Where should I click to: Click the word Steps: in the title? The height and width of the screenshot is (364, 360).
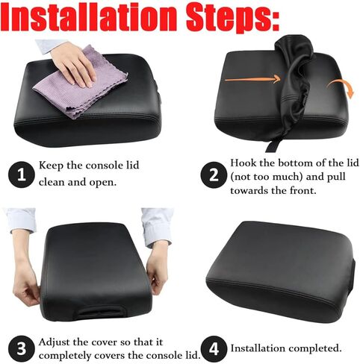point(254,19)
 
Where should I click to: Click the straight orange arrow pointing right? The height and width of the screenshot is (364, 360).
point(250,78)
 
